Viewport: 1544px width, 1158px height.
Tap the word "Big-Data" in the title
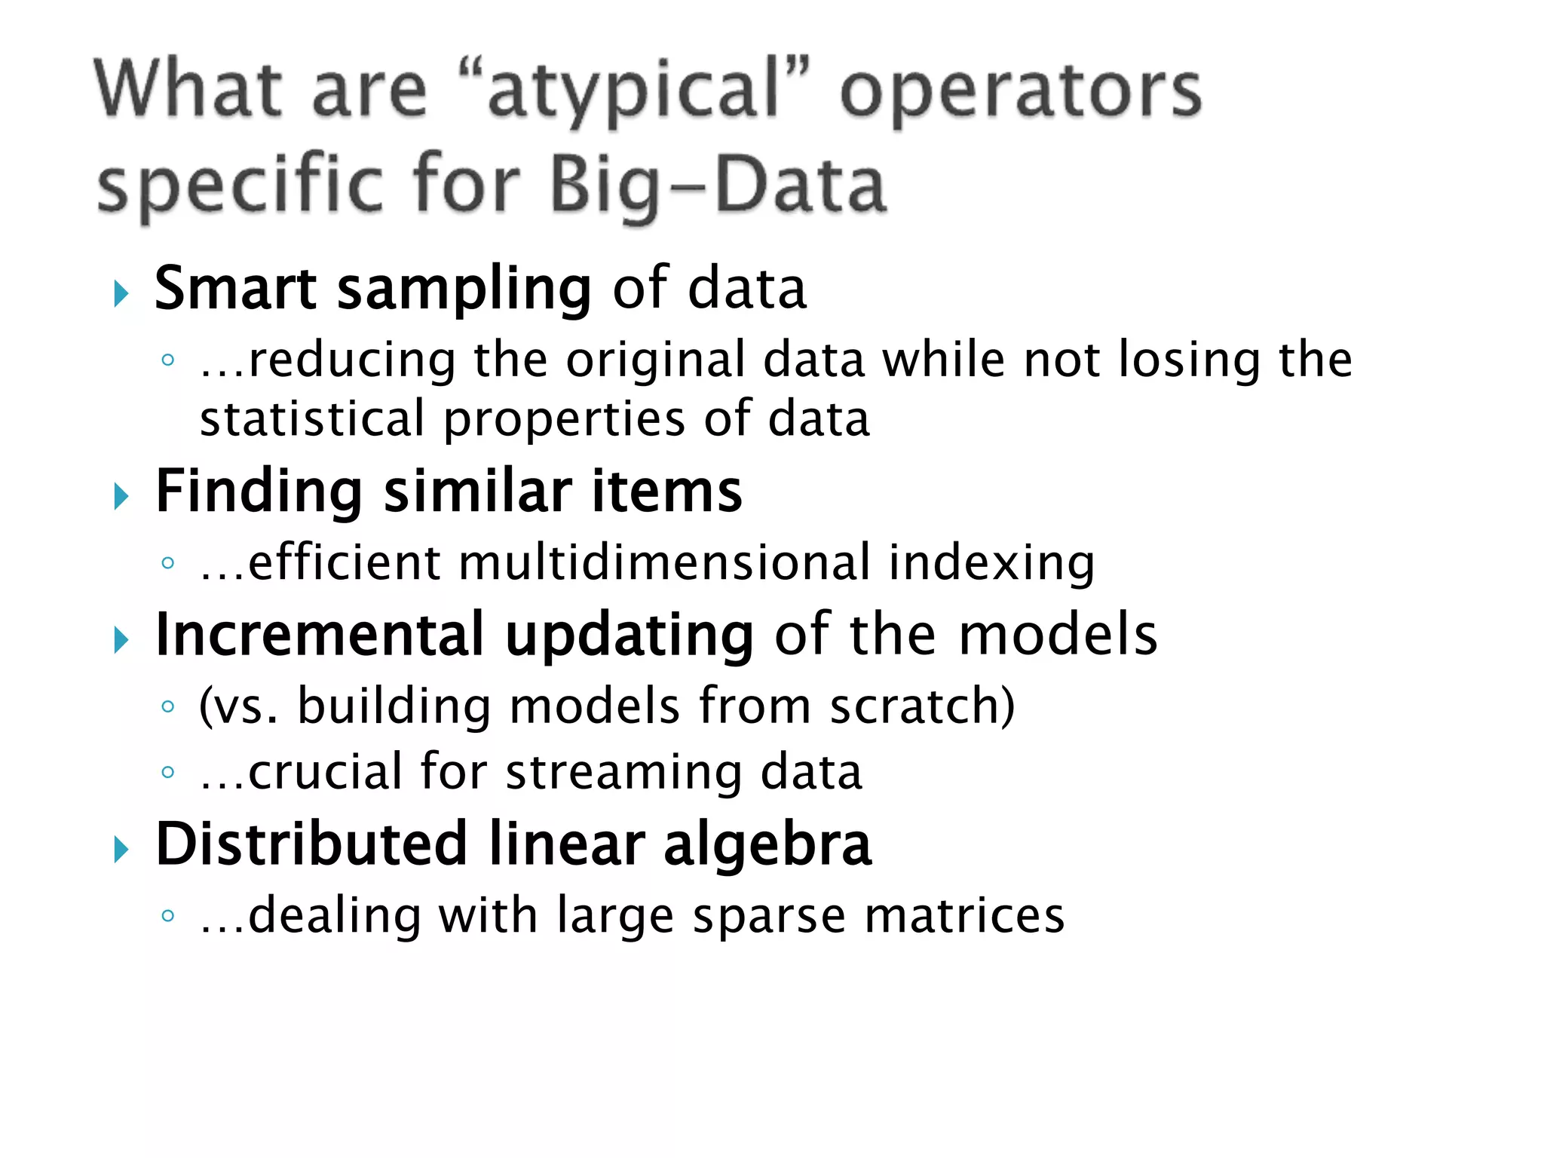point(718,185)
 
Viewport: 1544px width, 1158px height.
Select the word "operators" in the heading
point(1020,92)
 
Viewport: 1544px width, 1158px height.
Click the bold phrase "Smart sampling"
point(373,289)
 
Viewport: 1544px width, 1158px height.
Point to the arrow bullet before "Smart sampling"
point(121,293)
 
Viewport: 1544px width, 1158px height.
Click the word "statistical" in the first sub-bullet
point(312,419)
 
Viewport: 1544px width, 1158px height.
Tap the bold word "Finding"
point(259,492)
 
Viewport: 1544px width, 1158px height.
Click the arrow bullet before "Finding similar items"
point(121,496)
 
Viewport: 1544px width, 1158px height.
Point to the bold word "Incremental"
point(319,635)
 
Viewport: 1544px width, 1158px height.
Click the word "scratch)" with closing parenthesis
point(922,706)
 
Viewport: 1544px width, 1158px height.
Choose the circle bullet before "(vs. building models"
point(168,706)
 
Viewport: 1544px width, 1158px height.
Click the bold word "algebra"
point(767,844)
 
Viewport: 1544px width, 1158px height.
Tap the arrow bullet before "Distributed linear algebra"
point(121,850)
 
